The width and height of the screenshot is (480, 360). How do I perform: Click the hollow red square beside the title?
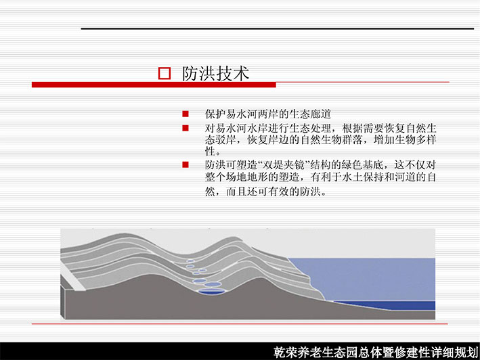[x=165, y=73]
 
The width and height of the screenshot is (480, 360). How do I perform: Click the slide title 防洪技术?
[x=215, y=74]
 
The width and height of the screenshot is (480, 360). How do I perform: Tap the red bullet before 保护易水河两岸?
[x=186, y=114]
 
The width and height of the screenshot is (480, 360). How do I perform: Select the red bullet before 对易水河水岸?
[x=186, y=128]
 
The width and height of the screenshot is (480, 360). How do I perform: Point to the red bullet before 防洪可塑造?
[x=186, y=165]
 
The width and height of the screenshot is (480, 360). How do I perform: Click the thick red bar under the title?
[x=154, y=85]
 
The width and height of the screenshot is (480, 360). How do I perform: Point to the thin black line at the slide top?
[x=278, y=28]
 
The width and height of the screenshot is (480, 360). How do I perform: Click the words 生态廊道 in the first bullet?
[x=310, y=114]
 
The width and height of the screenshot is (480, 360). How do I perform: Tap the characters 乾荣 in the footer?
[x=285, y=353]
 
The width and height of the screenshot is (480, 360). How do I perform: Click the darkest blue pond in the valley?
[x=211, y=291]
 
